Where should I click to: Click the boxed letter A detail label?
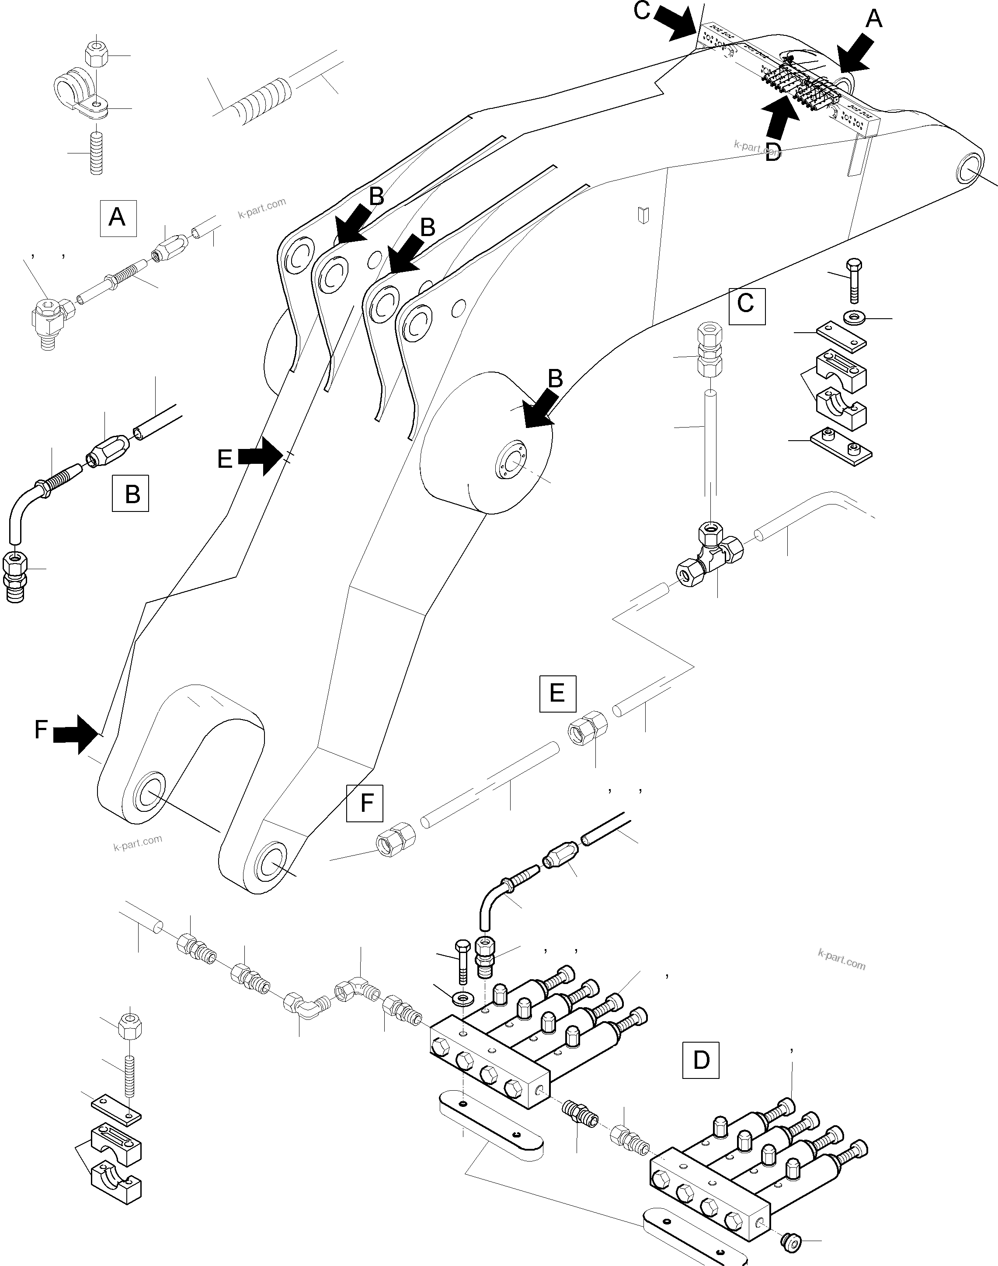118,218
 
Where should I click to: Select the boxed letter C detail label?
746,306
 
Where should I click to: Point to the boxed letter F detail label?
365,804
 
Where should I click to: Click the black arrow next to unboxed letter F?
75,734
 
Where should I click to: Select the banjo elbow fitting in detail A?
49,318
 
